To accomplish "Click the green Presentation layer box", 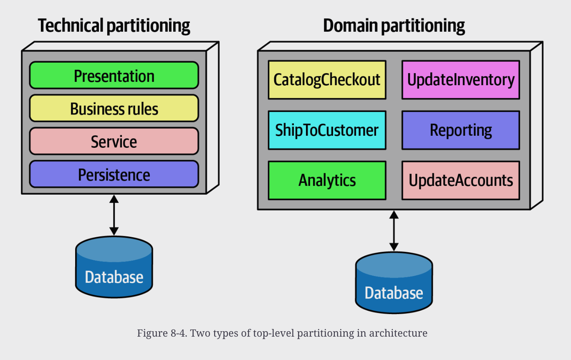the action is click(x=114, y=75).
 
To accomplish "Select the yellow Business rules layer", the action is click(x=114, y=108).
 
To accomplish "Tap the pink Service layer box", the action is click(x=114, y=141).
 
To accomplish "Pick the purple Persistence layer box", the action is click(x=114, y=174).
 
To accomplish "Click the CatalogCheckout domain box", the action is click(x=327, y=80).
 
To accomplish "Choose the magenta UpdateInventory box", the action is click(x=461, y=80).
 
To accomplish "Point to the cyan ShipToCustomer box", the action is click(x=327, y=130).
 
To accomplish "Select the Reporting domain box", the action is click(x=461, y=130).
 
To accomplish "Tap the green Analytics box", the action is click(x=327, y=180).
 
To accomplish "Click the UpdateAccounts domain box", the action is click(x=461, y=180).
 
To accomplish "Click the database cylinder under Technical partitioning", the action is click(x=114, y=267).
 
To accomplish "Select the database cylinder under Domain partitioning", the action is click(x=394, y=283).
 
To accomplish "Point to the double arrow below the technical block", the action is click(x=114, y=215).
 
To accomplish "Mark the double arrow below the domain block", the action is click(x=394, y=231).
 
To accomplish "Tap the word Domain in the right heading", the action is click(x=351, y=25).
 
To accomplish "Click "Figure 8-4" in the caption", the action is click(x=162, y=333).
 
